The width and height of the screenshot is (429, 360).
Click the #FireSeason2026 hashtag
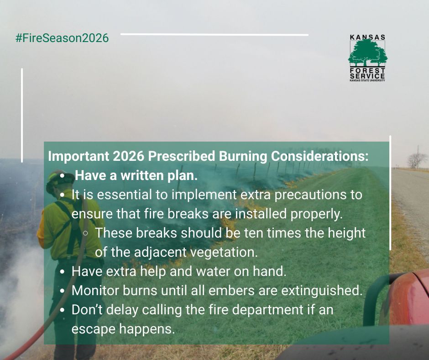coord(62,38)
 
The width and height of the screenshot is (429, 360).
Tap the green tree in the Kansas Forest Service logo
coord(367,53)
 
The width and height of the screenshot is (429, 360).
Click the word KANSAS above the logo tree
coord(367,37)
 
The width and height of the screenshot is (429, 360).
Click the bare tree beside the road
coord(417,160)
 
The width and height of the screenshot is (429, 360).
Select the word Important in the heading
coord(73,156)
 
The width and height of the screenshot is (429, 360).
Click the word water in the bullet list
coord(218,271)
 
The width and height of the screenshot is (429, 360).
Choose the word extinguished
coord(320,291)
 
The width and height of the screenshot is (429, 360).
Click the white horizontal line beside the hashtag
coord(214,34)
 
